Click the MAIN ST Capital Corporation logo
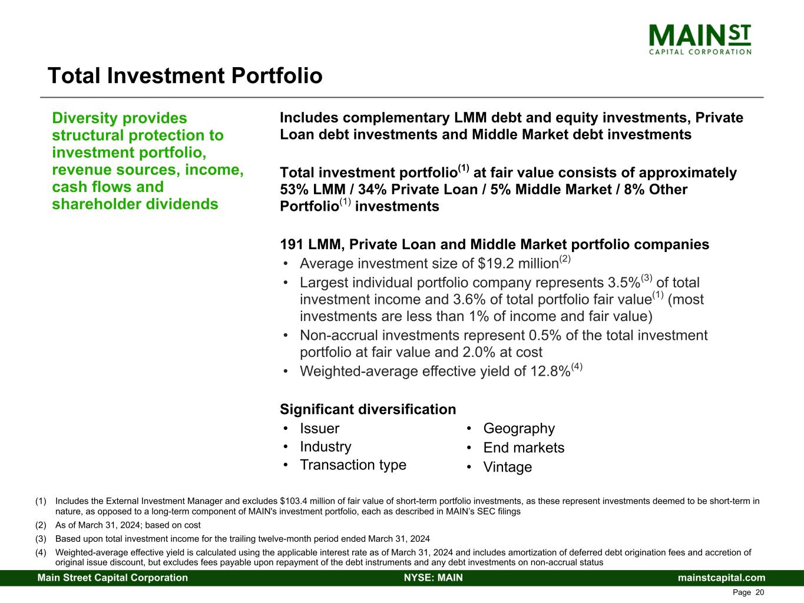click(x=700, y=39)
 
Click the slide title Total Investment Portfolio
click(x=185, y=76)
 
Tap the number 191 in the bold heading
click(x=292, y=244)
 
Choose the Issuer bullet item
click(x=319, y=428)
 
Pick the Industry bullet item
click(x=326, y=447)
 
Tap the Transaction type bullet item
click(x=353, y=465)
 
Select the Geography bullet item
click(x=519, y=429)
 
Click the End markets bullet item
click(x=524, y=448)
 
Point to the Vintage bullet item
click(x=508, y=467)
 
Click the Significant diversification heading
click(x=368, y=409)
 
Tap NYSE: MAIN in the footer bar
click(x=434, y=578)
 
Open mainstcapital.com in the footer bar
click(x=722, y=578)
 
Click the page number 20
click(x=760, y=592)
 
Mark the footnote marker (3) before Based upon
click(x=41, y=539)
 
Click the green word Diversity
click(x=85, y=118)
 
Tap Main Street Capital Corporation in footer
click(x=113, y=578)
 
